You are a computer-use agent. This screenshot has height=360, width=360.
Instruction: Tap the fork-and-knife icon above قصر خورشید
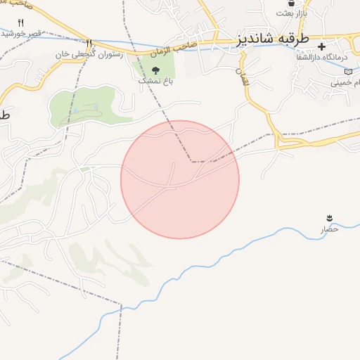coord(20,23)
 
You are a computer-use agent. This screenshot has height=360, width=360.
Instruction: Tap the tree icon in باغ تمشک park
coord(155,70)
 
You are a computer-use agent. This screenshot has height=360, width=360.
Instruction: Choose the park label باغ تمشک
coord(154,81)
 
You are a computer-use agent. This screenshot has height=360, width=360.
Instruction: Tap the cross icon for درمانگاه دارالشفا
coord(323,46)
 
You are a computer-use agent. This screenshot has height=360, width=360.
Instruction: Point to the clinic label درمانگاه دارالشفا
coord(326,56)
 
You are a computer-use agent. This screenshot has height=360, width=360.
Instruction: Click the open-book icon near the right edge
coord(347,72)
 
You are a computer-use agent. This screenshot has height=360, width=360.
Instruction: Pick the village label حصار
coord(330,229)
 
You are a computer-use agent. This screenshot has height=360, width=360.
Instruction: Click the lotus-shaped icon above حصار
coord(329,217)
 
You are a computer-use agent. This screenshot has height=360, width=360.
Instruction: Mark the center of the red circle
coord(180,179)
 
